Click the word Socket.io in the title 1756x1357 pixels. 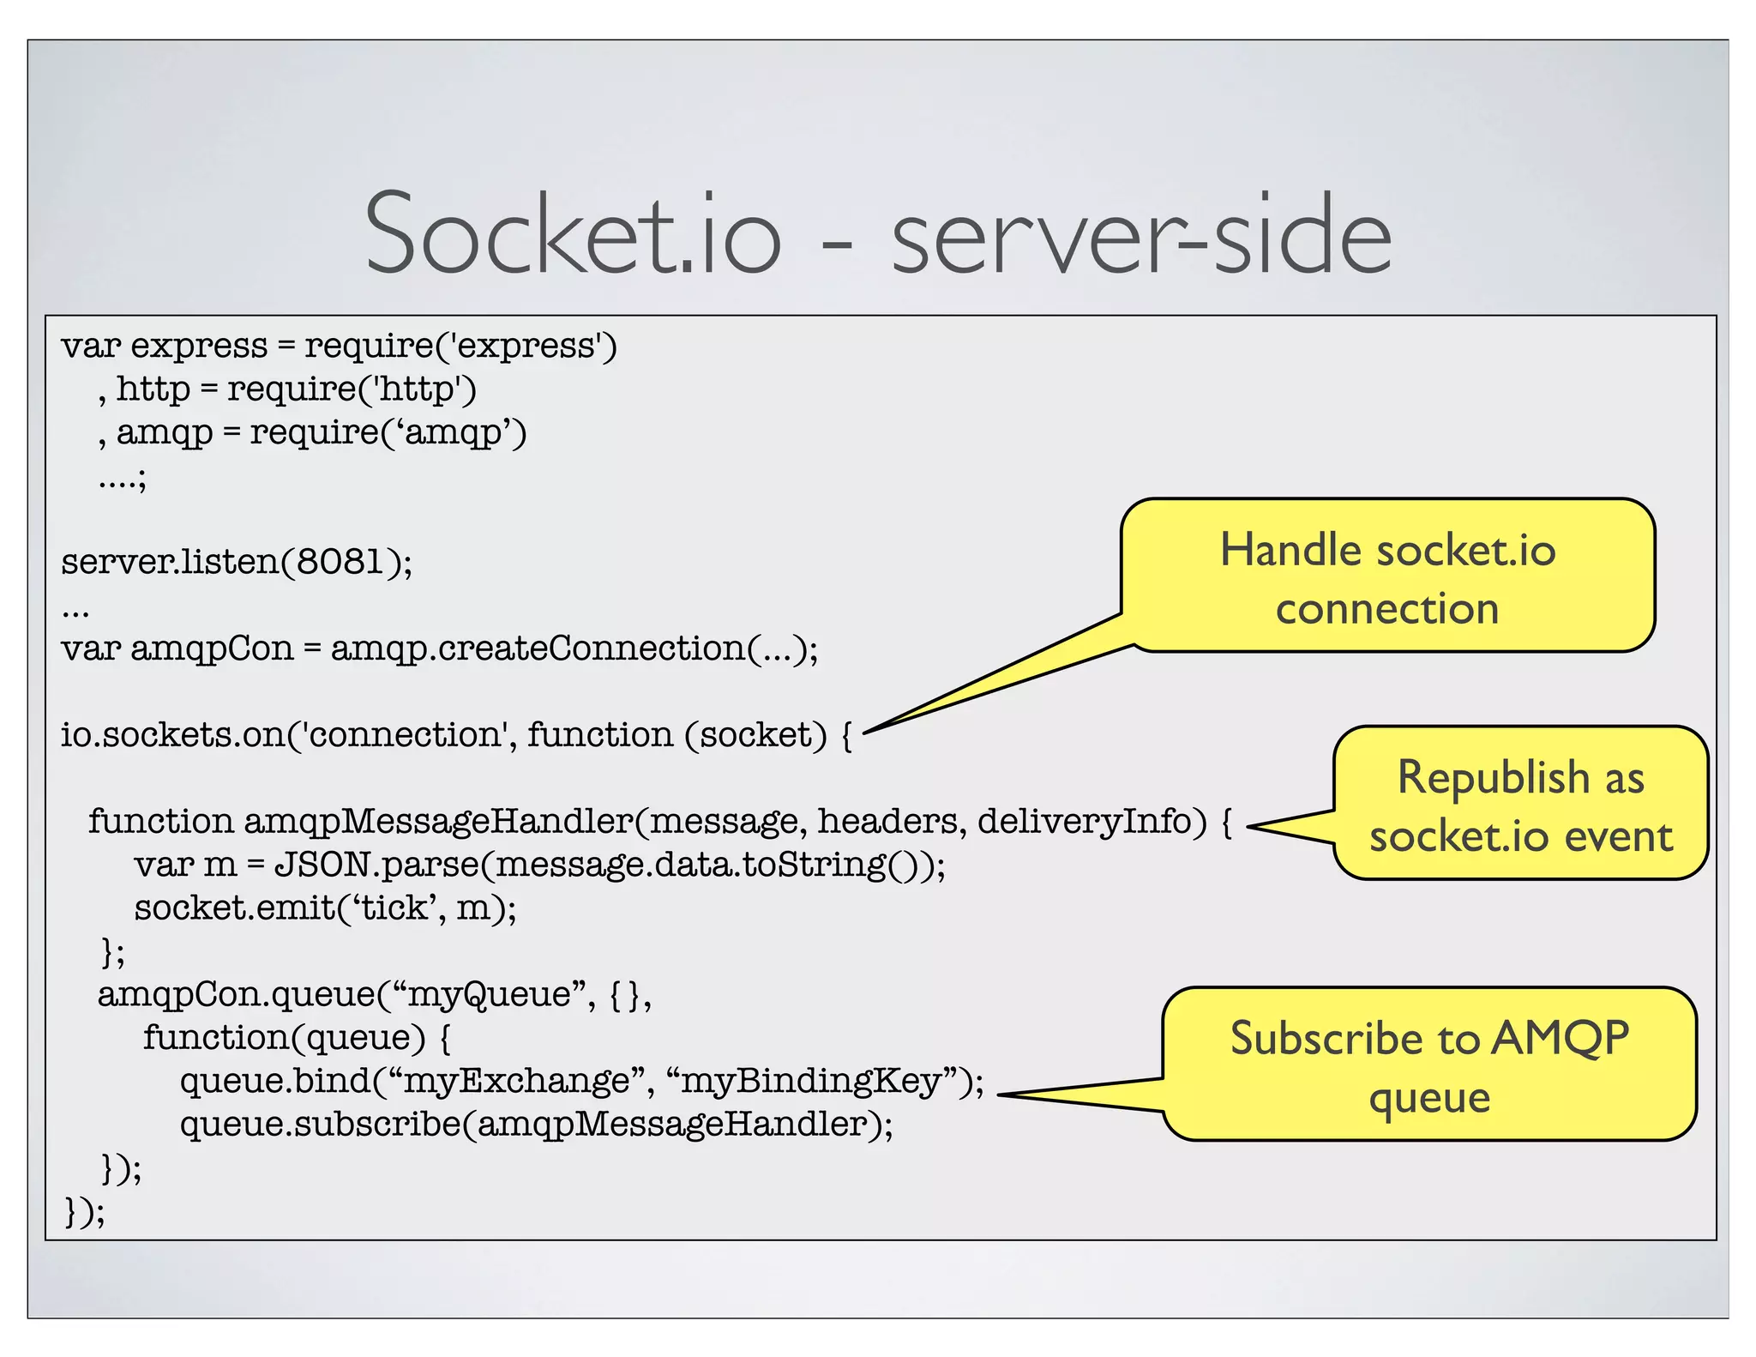(x=573, y=234)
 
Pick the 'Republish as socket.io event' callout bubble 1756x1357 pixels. (x=1520, y=805)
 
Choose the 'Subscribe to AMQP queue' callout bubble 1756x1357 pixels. (x=1429, y=1064)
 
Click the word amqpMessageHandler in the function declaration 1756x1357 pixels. (x=438, y=822)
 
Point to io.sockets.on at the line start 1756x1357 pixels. (x=172, y=735)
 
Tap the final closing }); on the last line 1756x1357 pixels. (x=85, y=1211)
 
